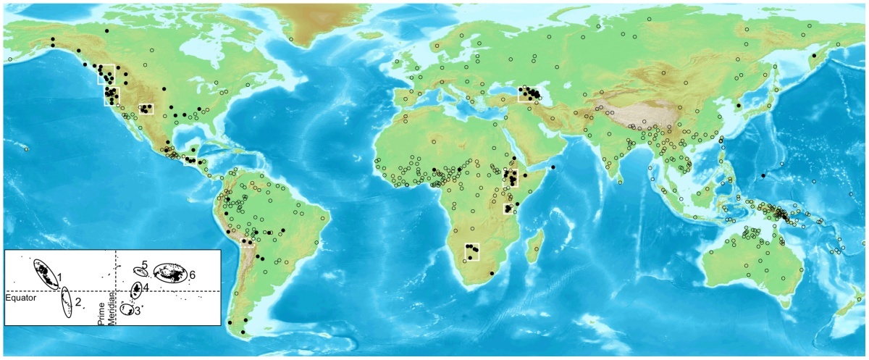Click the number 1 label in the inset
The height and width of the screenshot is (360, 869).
point(61,277)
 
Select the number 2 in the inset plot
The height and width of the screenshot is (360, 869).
point(77,301)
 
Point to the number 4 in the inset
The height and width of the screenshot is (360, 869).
point(146,287)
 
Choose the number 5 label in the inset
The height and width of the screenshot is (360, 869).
point(145,265)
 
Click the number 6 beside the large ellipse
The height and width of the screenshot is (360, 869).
point(193,275)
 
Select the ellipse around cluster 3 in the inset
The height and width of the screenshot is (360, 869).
point(126,309)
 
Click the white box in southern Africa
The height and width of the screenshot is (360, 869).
point(472,251)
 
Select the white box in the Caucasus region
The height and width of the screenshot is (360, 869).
point(528,94)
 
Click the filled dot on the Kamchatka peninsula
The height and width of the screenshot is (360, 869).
point(813,56)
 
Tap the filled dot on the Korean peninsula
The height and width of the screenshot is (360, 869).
point(738,106)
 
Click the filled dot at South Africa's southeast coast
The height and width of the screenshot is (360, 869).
point(492,273)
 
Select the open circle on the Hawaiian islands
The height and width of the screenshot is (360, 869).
point(26,149)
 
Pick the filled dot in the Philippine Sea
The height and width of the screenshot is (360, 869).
point(763,175)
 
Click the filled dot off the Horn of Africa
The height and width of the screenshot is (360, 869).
point(553,168)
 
